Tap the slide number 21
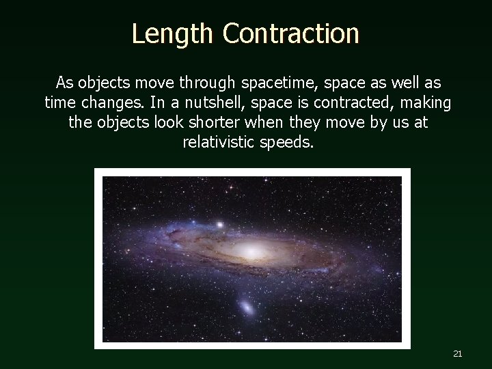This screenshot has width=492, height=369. tap(458, 353)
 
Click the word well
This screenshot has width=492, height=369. tap(400, 83)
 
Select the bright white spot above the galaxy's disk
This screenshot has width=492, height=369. tap(220, 223)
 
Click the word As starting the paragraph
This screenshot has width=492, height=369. tap(64, 83)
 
